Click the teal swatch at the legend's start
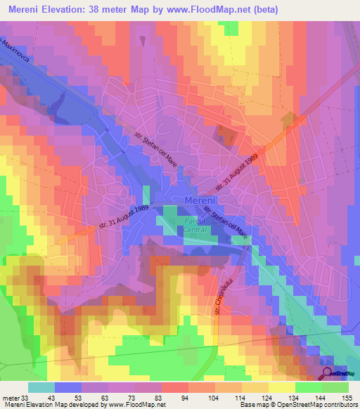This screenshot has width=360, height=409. coord(41,387)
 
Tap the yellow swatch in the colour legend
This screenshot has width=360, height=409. coord(281,387)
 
